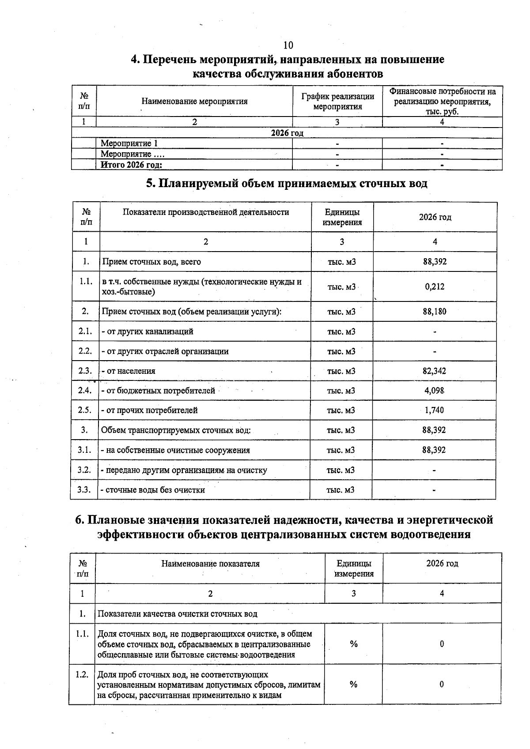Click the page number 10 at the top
288,45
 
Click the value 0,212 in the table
435,286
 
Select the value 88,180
435,312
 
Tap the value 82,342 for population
435,371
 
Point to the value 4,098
435,391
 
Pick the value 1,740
435,410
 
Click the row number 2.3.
85,371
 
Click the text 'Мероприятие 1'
129,143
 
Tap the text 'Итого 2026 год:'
132,165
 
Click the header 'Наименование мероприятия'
194,102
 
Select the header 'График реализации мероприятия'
338,102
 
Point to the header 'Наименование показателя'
210,564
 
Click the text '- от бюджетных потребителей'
158,391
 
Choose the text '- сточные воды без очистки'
153,490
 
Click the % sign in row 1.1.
353,644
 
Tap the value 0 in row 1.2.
442,685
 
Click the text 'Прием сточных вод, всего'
151,262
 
